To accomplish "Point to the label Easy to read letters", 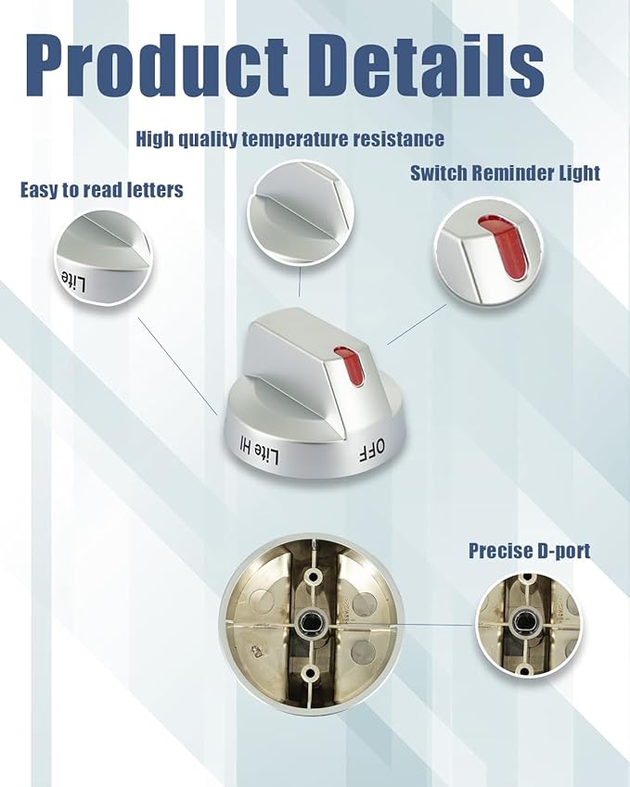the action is tap(101, 190).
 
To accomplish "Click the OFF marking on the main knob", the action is tap(371, 451).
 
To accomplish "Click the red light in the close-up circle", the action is tap(505, 246).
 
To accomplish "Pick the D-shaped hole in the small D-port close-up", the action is tap(523, 622).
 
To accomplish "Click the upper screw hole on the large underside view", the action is tap(313, 577).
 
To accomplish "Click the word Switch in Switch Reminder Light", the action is tap(439, 173).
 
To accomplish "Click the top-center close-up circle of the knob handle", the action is tap(300, 213).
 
